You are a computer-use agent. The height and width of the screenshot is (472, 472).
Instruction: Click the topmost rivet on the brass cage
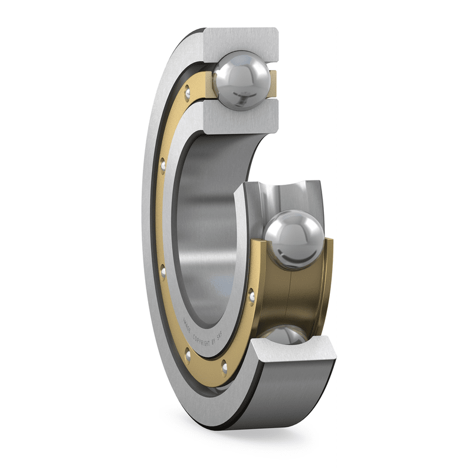[187, 90]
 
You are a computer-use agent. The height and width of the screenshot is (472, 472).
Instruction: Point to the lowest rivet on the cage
[225, 368]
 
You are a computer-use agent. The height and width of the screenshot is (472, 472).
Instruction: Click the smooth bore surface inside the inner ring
[206, 224]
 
